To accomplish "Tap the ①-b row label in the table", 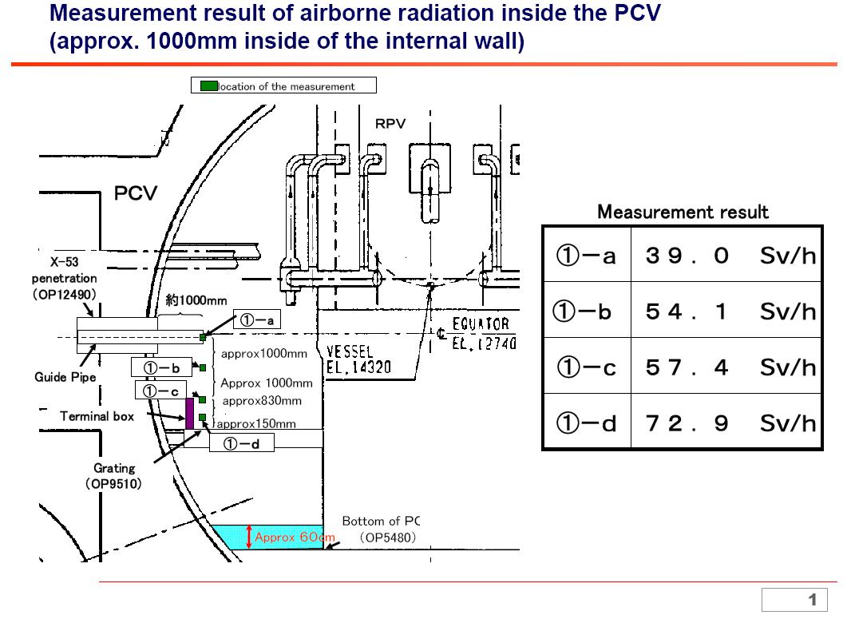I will pyautogui.click(x=586, y=311).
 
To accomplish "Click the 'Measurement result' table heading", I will pyautogui.click(x=683, y=212).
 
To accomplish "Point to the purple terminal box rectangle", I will pyautogui.click(x=190, y=412).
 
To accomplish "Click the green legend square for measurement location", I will pyautogui.click(x=208, y=85).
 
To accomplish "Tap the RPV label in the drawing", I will pyautogui.click(x=390, y=124).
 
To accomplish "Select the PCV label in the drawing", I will pyautogui.click(x=136, y=194).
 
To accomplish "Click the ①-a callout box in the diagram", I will pyautogui.click(x=256, y=320).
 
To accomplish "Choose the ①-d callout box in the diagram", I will pyautogui.click(x=241, y=443).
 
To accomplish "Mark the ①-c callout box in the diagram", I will pyautogui.click(x=160, y=390).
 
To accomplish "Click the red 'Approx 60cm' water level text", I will pyautogui.click(x=295, y=538).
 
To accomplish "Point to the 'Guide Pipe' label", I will pyautogui.click(x=65, y=377).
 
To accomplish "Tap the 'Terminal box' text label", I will pyautogui.click(x=97, y=416).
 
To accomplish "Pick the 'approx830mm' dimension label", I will pyautogui.click(x=262, y=400).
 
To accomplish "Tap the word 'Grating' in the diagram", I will pyautogui.click(x=114, y=468).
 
